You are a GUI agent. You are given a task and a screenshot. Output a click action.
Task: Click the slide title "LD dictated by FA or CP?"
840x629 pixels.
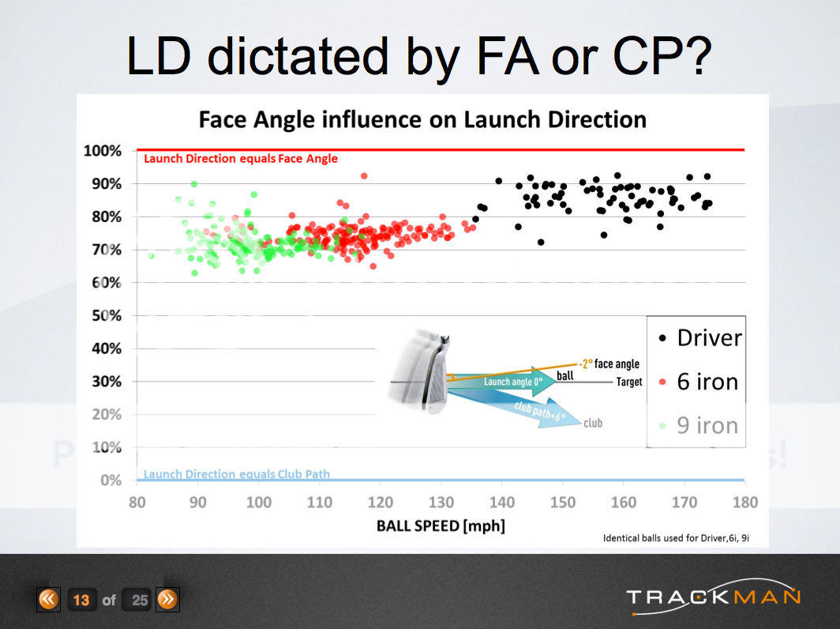(x=420, y=56)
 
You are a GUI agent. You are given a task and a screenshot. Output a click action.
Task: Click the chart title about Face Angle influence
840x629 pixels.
(x=422, y=119)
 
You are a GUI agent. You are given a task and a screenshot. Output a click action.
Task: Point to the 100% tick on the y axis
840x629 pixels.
(x=103, y=151)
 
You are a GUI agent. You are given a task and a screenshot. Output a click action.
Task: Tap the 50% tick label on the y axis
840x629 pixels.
(x=105, y=316)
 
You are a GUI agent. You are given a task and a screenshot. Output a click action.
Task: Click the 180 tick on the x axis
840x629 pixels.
(x=744, y=502)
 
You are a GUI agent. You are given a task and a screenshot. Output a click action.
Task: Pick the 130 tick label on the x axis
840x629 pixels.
(x=441, y=502)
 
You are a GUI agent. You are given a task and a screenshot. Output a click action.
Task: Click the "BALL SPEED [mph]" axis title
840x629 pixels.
(x=441, y=525)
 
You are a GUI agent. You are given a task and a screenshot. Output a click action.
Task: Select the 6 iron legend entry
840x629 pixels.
(x=699, y=382)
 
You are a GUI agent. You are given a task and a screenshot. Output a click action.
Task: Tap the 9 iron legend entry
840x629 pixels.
(x=699, y=425)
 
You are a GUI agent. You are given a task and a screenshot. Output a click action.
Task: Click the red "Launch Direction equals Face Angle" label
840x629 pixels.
(x=241, y=159)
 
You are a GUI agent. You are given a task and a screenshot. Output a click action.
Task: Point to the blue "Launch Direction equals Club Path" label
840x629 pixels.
(x=237, y=474)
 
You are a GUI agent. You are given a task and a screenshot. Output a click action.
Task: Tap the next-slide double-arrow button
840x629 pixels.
(x=167, y=600)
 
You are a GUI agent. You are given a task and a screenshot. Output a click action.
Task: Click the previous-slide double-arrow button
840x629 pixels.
(x=48, y=600)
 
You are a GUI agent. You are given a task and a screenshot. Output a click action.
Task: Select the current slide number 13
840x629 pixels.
(x=81, y=600)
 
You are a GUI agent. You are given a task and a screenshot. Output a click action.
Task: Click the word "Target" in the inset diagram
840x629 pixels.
(x=629, y=382)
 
